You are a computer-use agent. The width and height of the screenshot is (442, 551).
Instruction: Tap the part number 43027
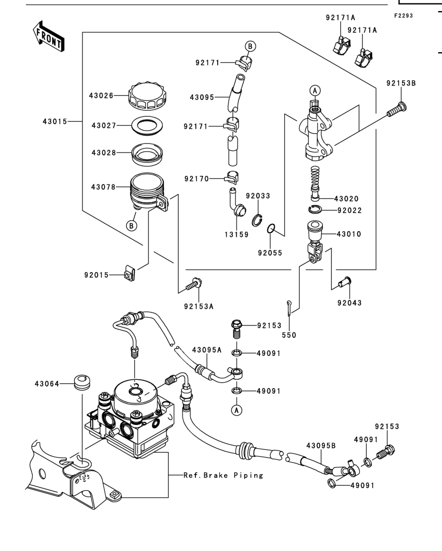(104, 125)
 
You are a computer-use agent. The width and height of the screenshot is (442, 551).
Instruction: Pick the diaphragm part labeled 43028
(147, 153)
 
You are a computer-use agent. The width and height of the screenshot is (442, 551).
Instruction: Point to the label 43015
(54, 122)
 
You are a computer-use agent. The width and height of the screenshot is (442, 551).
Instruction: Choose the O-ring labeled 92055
(271, 228)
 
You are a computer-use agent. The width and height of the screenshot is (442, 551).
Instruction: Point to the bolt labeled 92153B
(396, 109)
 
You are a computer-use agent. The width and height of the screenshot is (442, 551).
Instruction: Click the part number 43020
(346, 199)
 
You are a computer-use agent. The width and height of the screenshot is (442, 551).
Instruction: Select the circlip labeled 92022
(315, 210)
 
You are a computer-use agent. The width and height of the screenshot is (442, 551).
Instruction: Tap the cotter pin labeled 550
(289, 308)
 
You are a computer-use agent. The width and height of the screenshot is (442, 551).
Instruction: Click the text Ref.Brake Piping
(223, 476)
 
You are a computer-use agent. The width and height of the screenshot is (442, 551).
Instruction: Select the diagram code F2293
(403, 16)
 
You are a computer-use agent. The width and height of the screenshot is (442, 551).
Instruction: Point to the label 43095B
(321, 446)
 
